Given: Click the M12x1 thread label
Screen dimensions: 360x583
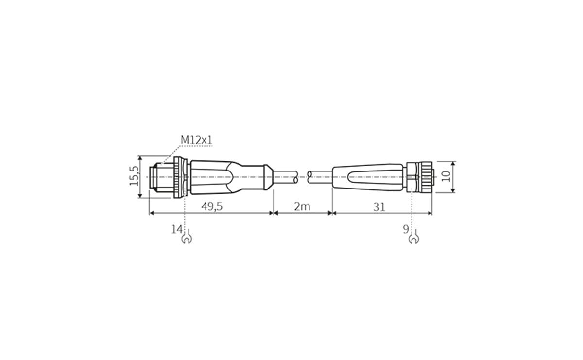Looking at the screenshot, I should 197,140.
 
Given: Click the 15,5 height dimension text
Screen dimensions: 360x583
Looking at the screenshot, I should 134,176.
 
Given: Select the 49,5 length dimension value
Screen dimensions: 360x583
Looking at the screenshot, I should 212,206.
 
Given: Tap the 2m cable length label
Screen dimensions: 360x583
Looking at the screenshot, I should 302,206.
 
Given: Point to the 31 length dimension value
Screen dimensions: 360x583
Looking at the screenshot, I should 379,206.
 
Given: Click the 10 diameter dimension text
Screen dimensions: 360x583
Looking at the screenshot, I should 446,176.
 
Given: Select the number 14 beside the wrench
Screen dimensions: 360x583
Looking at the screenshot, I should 176,229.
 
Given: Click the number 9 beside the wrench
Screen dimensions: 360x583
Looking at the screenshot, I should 406,229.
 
